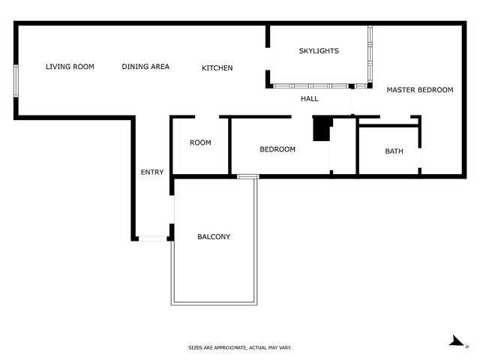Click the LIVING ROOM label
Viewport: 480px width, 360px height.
tap(70, 67)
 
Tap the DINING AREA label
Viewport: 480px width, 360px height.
tap(145, 67)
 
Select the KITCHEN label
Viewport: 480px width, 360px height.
tap(217, 68)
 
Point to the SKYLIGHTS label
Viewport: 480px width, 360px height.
tap(319, 51)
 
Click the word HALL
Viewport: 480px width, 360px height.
tap(310, 98)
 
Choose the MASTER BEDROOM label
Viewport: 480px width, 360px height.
tap(420, 90)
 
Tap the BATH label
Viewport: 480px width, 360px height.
tap(394, 151)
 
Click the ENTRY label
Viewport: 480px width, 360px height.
tap(152, 172)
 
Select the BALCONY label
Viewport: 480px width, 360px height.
tap(214, 236)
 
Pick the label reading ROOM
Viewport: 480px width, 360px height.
tap(200, 142)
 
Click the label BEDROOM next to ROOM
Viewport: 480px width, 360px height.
tap(277, 149)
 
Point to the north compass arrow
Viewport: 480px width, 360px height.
tap(458, 342)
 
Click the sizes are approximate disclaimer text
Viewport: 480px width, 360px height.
tap(240, 348)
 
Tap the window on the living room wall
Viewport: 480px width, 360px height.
tap(16, 81)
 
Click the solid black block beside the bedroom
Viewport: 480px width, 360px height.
tap(322, 129)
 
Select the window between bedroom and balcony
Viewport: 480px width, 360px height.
tap(248, 177)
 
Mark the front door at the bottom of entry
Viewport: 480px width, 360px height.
tap(153, 238)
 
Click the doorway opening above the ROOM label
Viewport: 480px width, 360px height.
tap(207, 117)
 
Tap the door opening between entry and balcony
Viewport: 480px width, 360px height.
tap(172, 209)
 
